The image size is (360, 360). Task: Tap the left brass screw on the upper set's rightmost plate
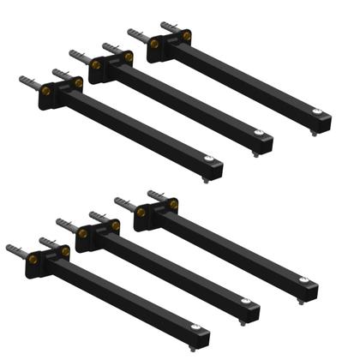[x=155, y=42]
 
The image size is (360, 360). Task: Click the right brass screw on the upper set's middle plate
[x=128, y=58]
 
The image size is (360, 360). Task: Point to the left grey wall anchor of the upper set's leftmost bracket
[x=26, y=80]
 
